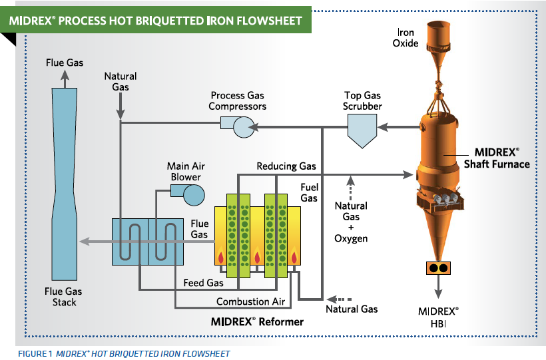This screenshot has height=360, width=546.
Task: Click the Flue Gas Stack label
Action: pyautogui.click(x=65, y=296)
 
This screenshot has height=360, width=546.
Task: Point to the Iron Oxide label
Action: pyautogui.click(x=408, y=37)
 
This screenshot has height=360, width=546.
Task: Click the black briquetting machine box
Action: pyautogui.click(x=439, y=268)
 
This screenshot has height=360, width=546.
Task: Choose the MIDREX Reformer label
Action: pyautogui.click(x=257, y=322)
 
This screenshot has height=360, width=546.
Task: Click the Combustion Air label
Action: pyautogui.click(x=250, y=301)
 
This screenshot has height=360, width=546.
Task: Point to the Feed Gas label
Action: pyautogui.click(x=203, y=283)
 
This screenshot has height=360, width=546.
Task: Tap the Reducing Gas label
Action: pyautogui.click(x=286, y=166)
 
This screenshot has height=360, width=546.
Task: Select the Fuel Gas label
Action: pyautogui.click(x=309, y=192)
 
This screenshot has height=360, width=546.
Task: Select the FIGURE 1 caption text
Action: pyautogui.click(x=123, y=353)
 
